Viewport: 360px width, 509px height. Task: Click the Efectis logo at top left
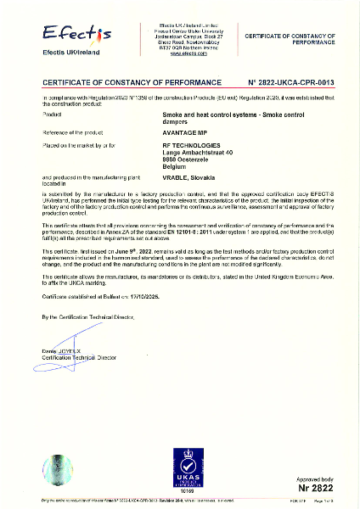77,36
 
